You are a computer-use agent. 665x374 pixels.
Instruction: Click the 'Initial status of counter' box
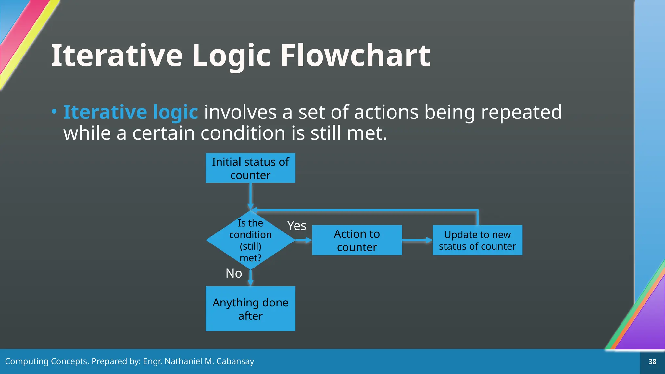(250, 168)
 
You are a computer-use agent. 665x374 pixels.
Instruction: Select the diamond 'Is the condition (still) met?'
(250, 240)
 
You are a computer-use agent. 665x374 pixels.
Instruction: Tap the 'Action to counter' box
(357, 240)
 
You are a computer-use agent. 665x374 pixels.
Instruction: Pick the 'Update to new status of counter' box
(477, 240)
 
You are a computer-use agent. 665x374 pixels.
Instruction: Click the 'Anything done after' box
(250, 309)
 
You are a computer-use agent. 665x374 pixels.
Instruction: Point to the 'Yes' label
(296, 226)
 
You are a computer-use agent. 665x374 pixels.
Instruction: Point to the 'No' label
(234, 273)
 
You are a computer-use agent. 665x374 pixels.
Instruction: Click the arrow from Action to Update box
(417, 240)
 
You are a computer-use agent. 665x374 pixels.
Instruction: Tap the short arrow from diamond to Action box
(303, 240)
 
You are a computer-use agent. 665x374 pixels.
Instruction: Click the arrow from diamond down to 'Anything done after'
(250, 278)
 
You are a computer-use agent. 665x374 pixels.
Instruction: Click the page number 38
(652, 362)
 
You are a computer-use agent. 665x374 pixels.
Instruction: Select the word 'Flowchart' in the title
(356, 56)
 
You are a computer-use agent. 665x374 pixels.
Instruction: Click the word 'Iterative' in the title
(117, 56)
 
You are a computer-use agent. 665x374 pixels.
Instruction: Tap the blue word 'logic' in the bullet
(175, 113)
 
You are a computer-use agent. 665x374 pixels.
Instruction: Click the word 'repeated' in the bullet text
(521, 112)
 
